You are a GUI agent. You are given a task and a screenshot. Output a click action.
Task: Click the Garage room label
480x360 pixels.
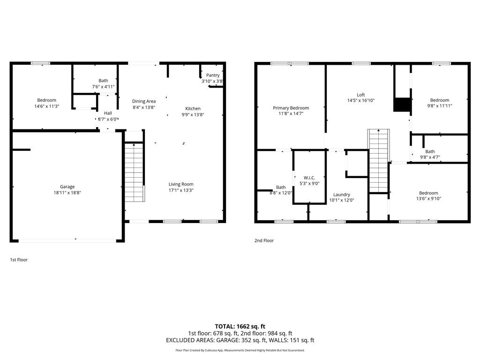tap(67, 187)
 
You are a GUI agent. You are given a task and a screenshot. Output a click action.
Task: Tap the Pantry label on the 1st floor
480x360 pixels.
tap(213, 75)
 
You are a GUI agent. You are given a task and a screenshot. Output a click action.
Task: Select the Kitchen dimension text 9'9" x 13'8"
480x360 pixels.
tap(193, 114)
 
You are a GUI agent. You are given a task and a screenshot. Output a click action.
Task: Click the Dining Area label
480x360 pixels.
tap(144, 101)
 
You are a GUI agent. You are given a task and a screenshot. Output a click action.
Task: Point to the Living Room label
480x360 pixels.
tap(181, 184)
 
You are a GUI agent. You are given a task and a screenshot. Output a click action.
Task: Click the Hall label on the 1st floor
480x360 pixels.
tap(108, 113)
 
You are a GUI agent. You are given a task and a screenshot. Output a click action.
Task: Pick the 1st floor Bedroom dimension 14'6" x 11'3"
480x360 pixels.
tap(47, 106)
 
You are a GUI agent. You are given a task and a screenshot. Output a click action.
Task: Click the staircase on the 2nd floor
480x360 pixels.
tap(378, 161)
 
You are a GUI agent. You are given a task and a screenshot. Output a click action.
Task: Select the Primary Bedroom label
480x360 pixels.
tap(291, 108)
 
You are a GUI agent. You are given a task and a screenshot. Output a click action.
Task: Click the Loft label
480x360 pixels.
tap(360, 95)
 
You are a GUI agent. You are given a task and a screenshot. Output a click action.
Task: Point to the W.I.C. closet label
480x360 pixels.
tap(309, 178)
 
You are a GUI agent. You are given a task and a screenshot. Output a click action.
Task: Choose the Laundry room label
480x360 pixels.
tap(341, 195)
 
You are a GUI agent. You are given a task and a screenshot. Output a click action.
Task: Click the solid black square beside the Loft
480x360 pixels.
tap(402, 105)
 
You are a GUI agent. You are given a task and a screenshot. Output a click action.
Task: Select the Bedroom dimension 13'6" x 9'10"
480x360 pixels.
tap(428, 199)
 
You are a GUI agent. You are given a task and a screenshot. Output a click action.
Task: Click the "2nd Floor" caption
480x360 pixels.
tap(264, 240)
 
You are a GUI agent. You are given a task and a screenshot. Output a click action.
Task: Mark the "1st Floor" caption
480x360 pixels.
tap(19, 259)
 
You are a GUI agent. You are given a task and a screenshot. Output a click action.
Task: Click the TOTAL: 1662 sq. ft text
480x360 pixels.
tap(240, 326)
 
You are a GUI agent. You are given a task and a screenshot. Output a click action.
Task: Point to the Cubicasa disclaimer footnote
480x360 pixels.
tap(240, 350)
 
